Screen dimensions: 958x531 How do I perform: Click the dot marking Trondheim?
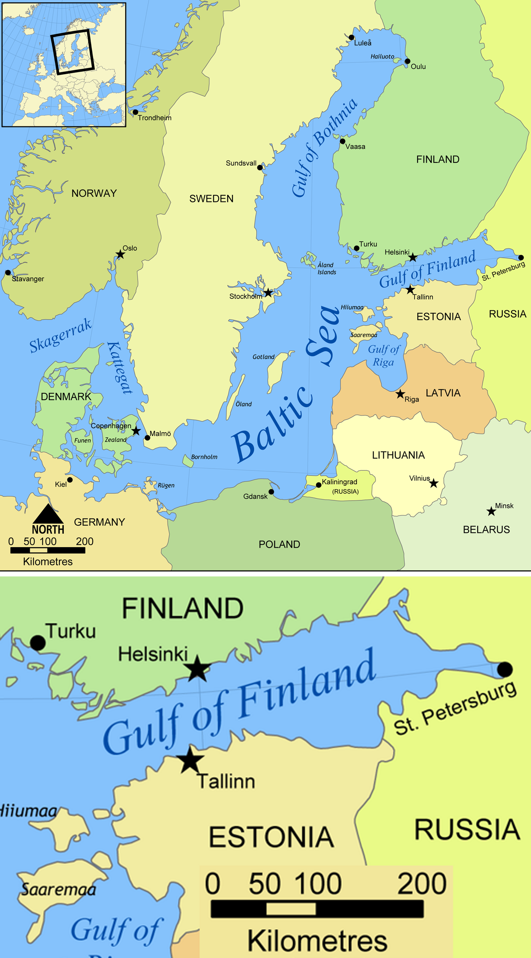tap(135, 112)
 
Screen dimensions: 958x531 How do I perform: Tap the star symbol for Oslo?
tap(120, 254)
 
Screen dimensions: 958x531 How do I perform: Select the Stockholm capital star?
tap(269, 293)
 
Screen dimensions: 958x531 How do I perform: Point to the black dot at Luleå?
tap(351, 37)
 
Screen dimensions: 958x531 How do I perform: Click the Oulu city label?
tap(418, 66)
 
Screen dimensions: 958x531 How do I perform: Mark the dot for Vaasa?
tap(343, 141)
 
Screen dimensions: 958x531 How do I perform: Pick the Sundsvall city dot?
tap(260, 167)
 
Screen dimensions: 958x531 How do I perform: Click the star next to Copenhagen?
tap(136, 431)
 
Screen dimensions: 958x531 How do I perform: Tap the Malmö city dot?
tap(147, 438)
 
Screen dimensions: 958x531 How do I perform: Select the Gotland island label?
tap(263, 357)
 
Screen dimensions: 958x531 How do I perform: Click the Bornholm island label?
tap(204, 457)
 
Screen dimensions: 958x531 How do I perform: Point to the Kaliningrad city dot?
tap(319, 485)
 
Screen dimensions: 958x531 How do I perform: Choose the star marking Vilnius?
tap(434, 484)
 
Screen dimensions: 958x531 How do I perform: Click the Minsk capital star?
tap(491, 511)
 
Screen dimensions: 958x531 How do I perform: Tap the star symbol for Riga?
tap(400, 394)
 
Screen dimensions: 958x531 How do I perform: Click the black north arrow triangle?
tap(48, 514)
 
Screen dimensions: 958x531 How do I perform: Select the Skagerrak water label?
tap(60, 336)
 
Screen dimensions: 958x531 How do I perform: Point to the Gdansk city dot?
tap(271, 492)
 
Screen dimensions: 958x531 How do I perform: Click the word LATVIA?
tap(443, 393)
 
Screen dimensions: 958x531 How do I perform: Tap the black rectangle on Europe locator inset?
tap(73, 52)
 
